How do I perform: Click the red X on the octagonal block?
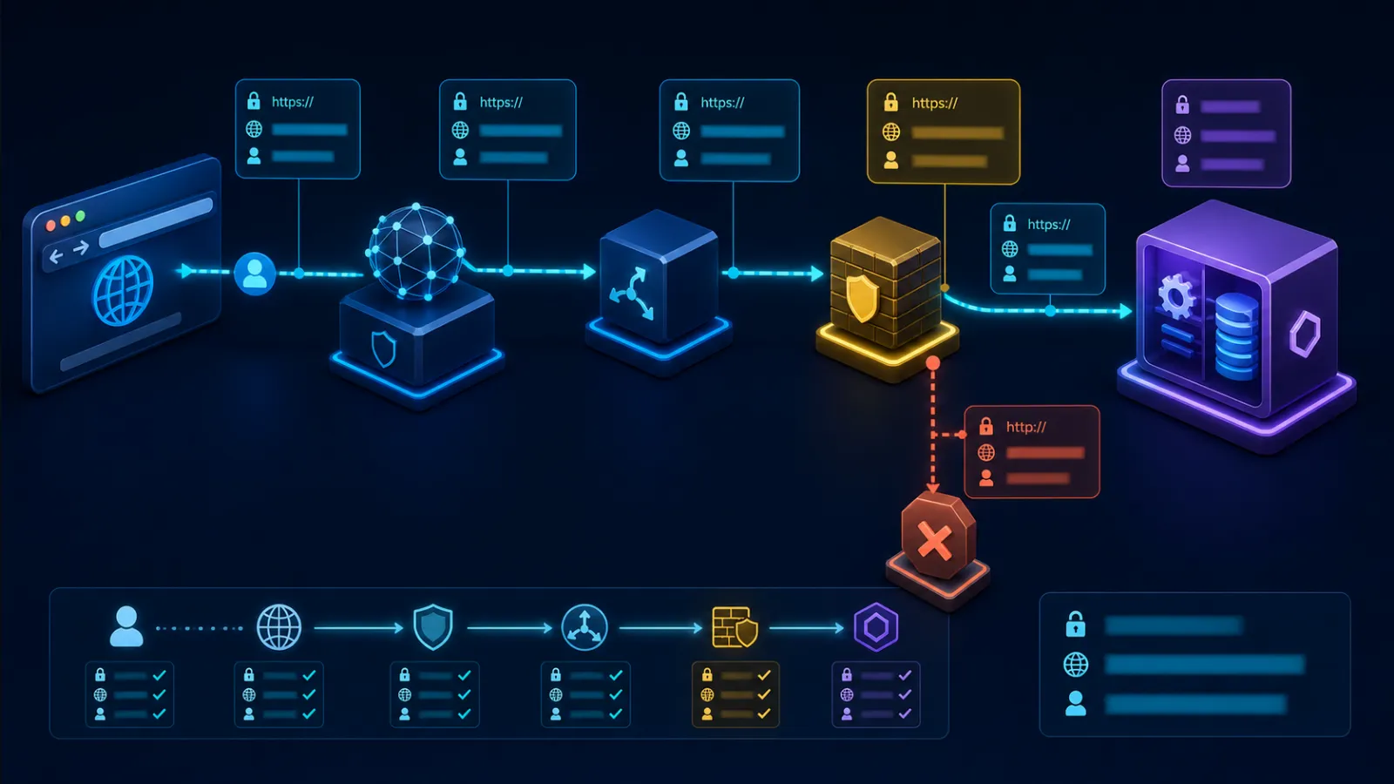coord(935,541)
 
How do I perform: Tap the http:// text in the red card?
coord(1026,427)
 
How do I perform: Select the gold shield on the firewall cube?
coord(863,299)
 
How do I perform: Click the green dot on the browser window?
coord(80,217)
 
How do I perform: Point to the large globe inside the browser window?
coord(123,291)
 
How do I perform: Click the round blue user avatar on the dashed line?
coord(254,274)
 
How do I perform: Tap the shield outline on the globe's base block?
coord(383,349)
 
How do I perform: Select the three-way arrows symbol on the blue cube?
coord(633,293)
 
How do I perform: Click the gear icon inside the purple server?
coord(1175,296)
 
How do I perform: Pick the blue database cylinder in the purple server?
coord(1236,336)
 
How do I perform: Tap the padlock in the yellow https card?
coord(891,102)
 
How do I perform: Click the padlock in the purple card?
coord(1182,105)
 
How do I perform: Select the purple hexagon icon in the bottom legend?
coord(876,627)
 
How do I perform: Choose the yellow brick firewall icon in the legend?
coord(735,627)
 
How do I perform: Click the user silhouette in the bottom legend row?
coord(126,626)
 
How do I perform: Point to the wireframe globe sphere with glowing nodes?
coord(416,252)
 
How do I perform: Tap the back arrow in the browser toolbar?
coord(57,256)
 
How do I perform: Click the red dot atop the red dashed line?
coord(932,363)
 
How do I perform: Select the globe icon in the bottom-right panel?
coord(1075,665)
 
